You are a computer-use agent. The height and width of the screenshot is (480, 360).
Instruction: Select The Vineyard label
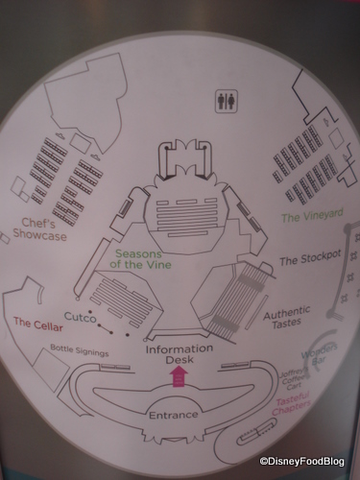click(311, 218)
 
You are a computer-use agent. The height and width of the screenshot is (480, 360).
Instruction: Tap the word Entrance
click(173, 414)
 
